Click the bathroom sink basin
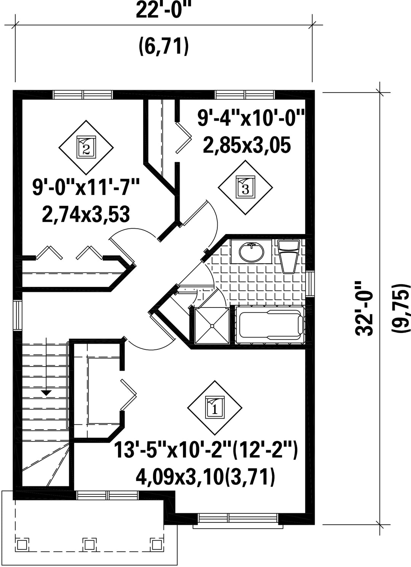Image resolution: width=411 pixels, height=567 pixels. (252, 252)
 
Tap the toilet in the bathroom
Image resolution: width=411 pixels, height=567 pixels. (288, 256)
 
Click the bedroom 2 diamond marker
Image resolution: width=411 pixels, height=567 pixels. (86, 147)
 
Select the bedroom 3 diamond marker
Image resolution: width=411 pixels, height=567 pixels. (245, 188)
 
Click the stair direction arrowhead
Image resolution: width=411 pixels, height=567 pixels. (46, 393)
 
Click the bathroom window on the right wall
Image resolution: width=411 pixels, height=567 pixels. (310, 284)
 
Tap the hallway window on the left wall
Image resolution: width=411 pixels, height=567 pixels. (18, 315)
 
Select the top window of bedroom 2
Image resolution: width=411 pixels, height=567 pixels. (83, 95)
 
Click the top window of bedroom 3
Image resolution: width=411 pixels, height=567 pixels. (245, 95)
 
